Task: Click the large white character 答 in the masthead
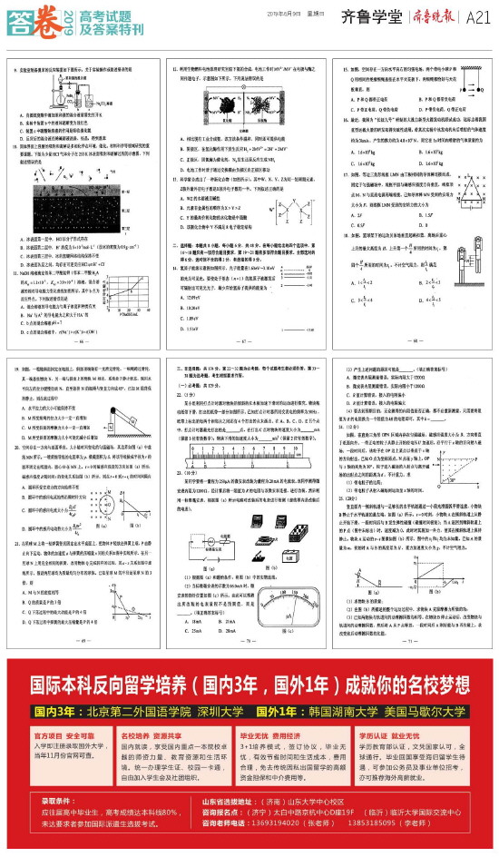(18, 21)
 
